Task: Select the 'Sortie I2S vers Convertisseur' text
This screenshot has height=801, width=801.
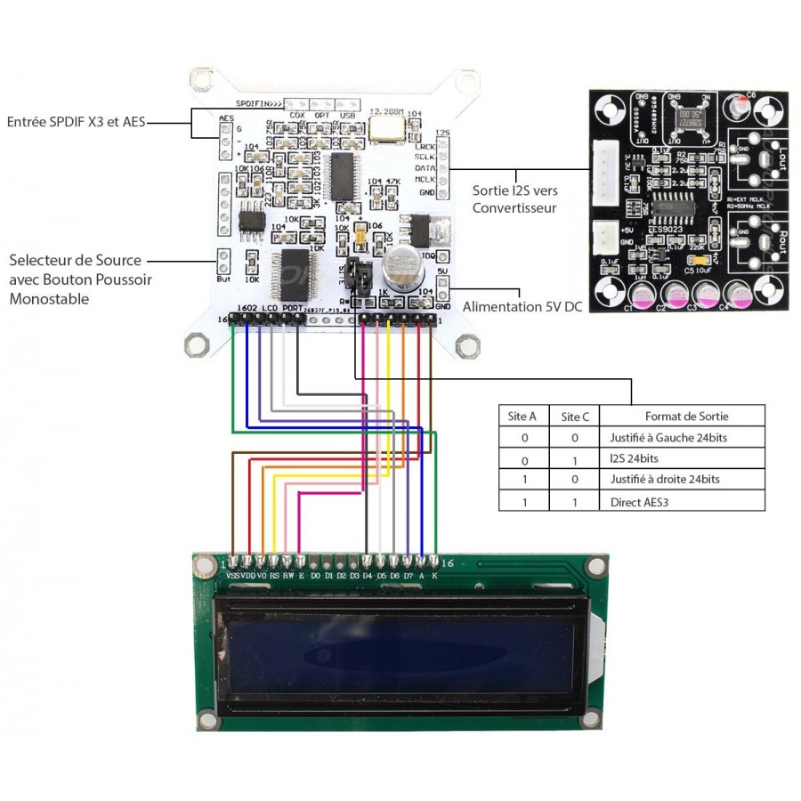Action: coord(514,199)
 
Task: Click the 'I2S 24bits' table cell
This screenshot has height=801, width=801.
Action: coord(635,458)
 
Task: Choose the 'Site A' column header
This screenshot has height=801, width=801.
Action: coord(521,416)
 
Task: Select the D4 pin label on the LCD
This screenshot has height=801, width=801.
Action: coord(367,577)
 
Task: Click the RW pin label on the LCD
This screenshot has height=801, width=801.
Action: coord(288,577)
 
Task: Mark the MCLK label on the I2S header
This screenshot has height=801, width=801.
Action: coord(425,179)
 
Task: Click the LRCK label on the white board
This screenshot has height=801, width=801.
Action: coord(425,145)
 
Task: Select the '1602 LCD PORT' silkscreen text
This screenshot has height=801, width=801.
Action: coord(270,308)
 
